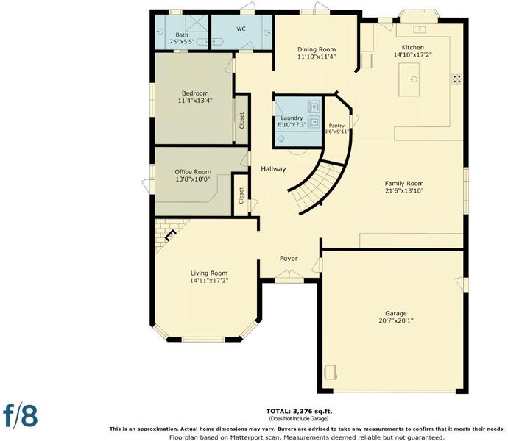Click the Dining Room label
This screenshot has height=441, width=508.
[x=317, y=49]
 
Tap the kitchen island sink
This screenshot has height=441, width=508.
[x=414, y=79]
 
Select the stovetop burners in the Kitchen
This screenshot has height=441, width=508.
[x=457, y=79]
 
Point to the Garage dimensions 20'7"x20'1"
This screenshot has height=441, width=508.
[x=396, y=321]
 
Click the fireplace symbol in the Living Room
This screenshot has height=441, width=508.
[x=170, y=235]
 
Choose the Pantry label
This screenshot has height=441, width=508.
[x=336, y=126]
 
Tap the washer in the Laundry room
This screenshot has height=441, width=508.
[x=314, y=106]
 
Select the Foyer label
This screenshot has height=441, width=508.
[x=289, y=259]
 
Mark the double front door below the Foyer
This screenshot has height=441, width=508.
[x=289, y=275]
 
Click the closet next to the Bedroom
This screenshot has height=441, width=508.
[x=241, y=121]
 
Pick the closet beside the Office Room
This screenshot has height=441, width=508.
[x=241, y=196]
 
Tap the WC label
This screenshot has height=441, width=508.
[x=241, y=29]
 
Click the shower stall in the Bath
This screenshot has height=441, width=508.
[x=197, y=26]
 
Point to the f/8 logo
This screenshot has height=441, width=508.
[x=20, y=415]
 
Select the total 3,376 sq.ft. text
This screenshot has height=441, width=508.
[x=299, y=412]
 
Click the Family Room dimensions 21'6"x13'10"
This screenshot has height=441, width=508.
[x=404, y=191]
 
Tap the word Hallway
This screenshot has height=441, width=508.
[x=273, y=169]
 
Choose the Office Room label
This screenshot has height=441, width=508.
[x=193, y=172]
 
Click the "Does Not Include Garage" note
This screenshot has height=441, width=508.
[x=299, y=419]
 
